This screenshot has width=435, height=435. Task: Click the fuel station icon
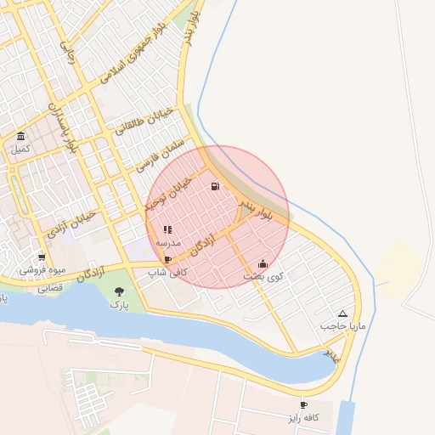tap(214, 187)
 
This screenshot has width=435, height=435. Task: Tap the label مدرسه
tap(167, 243)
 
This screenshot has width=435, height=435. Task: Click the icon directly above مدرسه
tap(167, 229)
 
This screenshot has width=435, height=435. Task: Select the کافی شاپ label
tap(167, 273)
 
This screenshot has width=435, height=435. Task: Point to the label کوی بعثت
tap(264, 277)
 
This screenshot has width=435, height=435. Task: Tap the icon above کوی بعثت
tap(263, 263)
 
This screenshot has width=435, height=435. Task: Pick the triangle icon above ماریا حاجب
tap(342, 314)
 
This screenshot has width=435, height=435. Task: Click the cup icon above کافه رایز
tap(304, 405)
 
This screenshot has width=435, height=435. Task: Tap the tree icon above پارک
tap(118, 292)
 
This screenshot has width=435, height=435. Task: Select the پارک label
tap(120, 305)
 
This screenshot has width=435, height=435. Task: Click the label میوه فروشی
tap(42, 270)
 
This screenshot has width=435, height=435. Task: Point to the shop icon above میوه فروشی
tap(42, 257)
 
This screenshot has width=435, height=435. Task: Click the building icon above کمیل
tap(20, 137)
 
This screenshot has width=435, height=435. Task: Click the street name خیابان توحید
tap(175, 195)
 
